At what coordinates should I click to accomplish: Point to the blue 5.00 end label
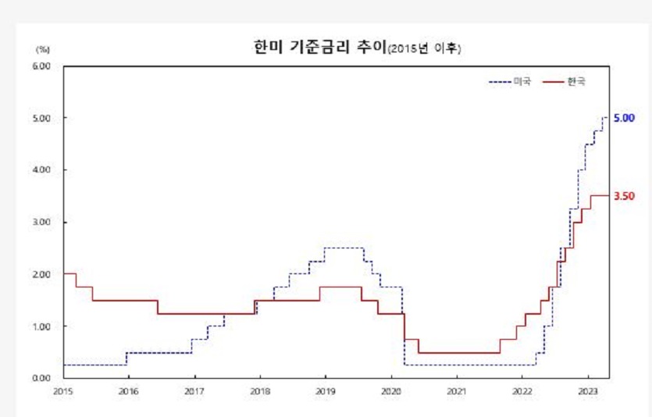(x=624, y=117)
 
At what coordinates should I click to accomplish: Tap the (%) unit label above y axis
(x=42, y=48)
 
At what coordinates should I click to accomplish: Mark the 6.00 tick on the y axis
(x=42, y=66)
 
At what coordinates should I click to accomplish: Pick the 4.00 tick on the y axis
(x=42, y=170)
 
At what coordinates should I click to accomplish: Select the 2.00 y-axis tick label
(x=42, y=274)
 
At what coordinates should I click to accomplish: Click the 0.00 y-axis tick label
(x=42, y=378)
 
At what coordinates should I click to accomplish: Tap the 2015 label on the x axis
(x=63, y=390)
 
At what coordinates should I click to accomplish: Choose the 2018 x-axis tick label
(x=260, y=390)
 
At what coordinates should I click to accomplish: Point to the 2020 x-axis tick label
(x=391, y=390)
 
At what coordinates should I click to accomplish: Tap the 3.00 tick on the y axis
(x=42, y=223)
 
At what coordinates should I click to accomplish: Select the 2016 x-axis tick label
(x=129, y=390)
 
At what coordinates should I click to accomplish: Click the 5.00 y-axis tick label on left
(x=42, y=119)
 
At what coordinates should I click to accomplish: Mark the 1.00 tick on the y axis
(x=42, y=326)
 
